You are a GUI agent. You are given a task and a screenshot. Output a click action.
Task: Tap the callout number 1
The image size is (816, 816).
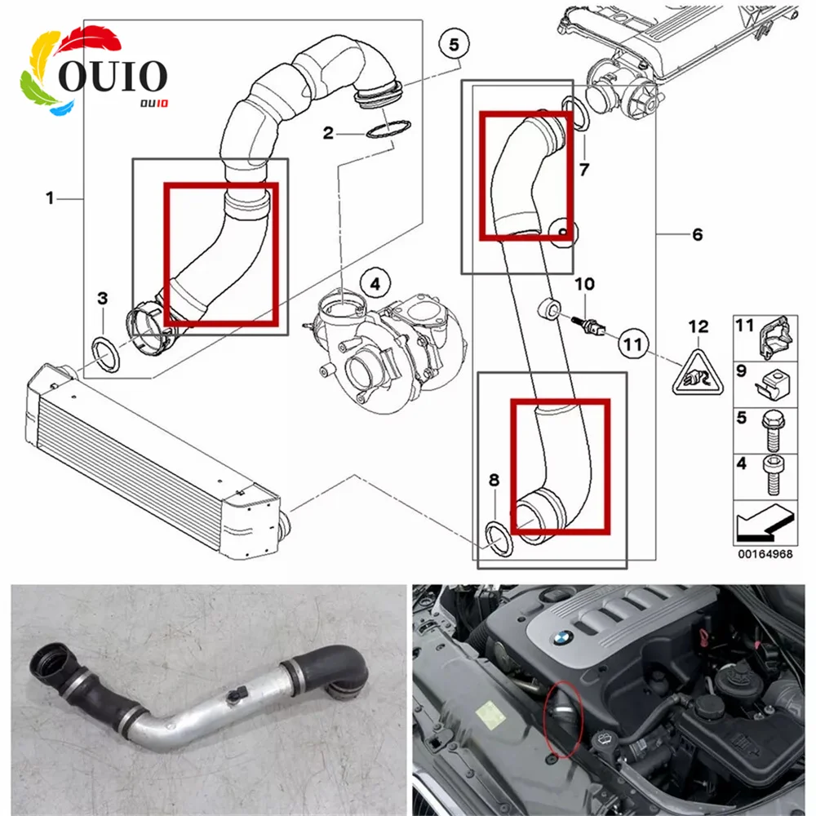50,197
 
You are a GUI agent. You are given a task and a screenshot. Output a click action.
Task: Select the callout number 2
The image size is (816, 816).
328,133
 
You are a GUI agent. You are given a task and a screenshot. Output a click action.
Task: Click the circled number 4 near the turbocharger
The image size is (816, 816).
375,284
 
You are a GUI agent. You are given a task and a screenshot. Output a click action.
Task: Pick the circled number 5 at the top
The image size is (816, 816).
455,42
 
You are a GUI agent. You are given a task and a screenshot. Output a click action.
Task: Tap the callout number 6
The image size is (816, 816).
697,235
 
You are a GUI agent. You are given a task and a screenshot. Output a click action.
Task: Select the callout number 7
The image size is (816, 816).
583,170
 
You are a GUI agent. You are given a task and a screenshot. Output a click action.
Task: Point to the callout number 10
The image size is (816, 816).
584,285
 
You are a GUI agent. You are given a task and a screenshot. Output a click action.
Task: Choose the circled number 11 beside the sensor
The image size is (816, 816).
633,344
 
